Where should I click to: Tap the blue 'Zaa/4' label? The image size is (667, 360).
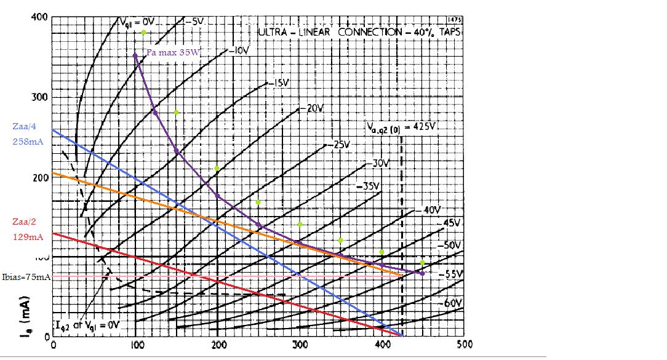(x=23, y=127)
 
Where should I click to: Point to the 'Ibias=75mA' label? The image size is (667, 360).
(x=26, y=278)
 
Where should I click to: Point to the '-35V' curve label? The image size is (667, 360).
(x=370, y=185)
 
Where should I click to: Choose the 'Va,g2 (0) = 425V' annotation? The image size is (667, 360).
(x=401, y=127)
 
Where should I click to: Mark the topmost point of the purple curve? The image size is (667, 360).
(x=135, y=55)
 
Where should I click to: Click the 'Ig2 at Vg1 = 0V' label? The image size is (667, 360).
(x=87, y=324)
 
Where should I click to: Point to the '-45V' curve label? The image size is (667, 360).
(x=452, y=222)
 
